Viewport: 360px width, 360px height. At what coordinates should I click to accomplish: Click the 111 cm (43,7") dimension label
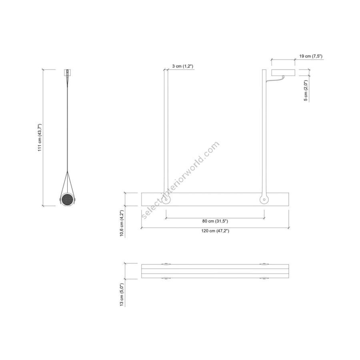tap(40, 137)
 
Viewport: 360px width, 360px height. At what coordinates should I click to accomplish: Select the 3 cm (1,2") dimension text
tap(183, 66)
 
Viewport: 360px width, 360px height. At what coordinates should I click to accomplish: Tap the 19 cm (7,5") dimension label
tap(311, 56)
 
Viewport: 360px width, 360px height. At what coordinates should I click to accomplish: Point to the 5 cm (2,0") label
tap(306, 90)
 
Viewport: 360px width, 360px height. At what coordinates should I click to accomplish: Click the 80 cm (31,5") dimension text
tap(215, 221)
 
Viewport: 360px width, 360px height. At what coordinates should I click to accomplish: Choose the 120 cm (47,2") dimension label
tap(215, 231)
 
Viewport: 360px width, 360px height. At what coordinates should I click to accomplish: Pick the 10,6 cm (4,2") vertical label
tap(122, 223)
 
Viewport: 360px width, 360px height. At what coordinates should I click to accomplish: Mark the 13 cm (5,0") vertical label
tap(122, 294)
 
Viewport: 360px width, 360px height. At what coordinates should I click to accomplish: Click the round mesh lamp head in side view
tap(67, 200)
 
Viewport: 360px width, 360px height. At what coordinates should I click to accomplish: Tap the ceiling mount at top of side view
tap(67, 72)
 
